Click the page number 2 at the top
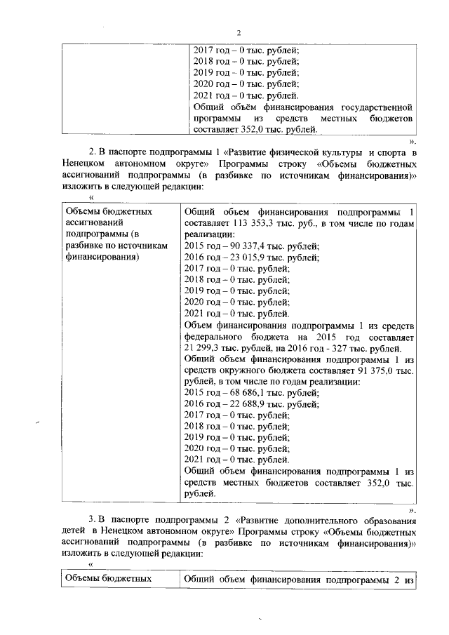[239, 33]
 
